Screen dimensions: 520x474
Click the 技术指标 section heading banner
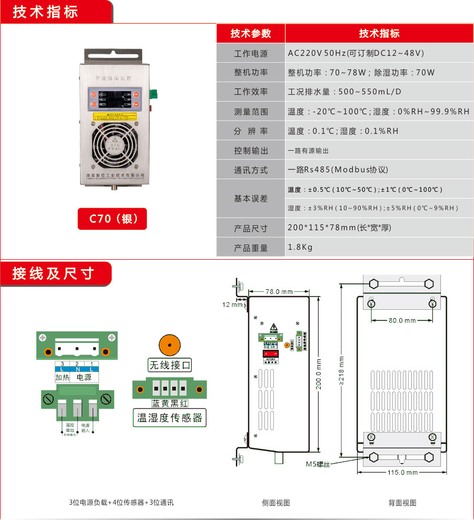coord(46,12)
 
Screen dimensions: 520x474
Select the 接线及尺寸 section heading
coord(53,273)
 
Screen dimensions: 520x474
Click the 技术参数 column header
coord(251,34)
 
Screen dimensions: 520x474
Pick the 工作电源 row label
coord(251,54)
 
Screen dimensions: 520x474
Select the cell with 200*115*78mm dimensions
coord(339,228)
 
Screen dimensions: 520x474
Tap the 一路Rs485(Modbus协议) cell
coord(338,170)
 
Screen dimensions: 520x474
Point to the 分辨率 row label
coord(251,131)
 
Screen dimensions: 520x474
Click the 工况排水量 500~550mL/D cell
coord(344,92)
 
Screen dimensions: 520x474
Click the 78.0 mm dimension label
coord(279,291)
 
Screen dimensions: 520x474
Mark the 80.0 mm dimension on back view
coord(402,320)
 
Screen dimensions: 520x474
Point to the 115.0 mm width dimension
coord(402,473)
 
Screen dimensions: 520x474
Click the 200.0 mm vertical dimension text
coord(319,372)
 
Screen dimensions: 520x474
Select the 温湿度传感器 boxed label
coord(169,418)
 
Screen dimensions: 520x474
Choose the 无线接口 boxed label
coord(169,365)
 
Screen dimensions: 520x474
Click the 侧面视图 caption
coord(276,503)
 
